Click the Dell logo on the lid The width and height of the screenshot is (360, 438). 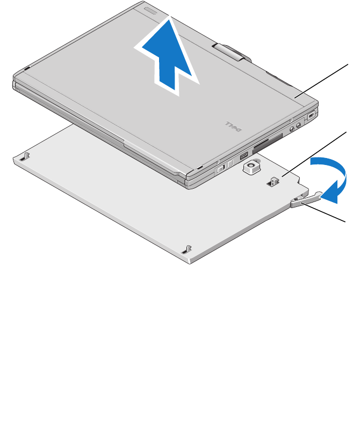[x=234, y=126]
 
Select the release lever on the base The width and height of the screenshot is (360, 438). [x=306, y=199]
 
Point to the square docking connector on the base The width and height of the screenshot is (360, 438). [x=252, y=167]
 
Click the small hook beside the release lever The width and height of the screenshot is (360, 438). [x=273, y=182]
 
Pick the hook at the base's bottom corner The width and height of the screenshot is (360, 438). [x=187, y=249]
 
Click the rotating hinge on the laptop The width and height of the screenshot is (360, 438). [x=231, y=52]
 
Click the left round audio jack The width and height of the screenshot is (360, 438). [x=292, y=129]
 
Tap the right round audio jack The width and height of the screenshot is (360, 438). [x=299, y=125]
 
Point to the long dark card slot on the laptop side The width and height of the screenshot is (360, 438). [x=267, y=143]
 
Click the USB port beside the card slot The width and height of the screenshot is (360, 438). [x=244, y=155]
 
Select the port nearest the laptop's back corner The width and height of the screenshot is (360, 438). [x=311, y=115]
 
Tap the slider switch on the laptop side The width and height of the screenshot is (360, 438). [x=221, y=169]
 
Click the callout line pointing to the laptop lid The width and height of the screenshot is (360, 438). [x=322, y=81]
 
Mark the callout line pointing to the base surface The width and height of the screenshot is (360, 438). [x=314, y=154]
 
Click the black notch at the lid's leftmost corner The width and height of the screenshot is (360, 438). [x=27, y=68]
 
